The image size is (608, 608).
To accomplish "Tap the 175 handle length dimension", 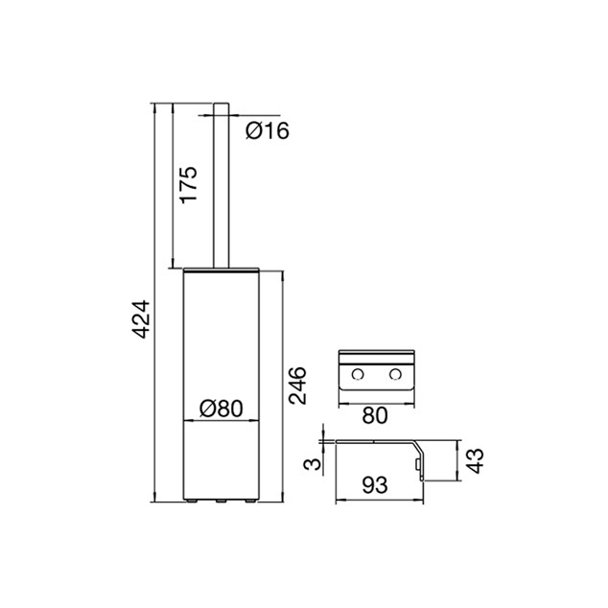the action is pyautogui.click(x=189, y=185).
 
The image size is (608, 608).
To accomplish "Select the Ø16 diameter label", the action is pyautogui.click(x=268, y=130).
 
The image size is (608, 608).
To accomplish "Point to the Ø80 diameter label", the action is pyautogui.click(x=221, y=409).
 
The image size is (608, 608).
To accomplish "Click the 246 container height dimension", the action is pyautogui.click(x=298, y=386).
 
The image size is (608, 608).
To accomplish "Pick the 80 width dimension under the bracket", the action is pyautogui.click(x=375, y=415).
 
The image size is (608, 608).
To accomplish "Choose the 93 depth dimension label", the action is pyautogui.click(x=375, y=484).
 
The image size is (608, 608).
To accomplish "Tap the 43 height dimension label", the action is pyautogui.click(x=475, y=460).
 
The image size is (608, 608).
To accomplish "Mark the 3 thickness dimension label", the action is pyautogui.click(x=313, y=464).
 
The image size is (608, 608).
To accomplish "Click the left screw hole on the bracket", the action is pyautogui.click(x=358, y=375).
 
